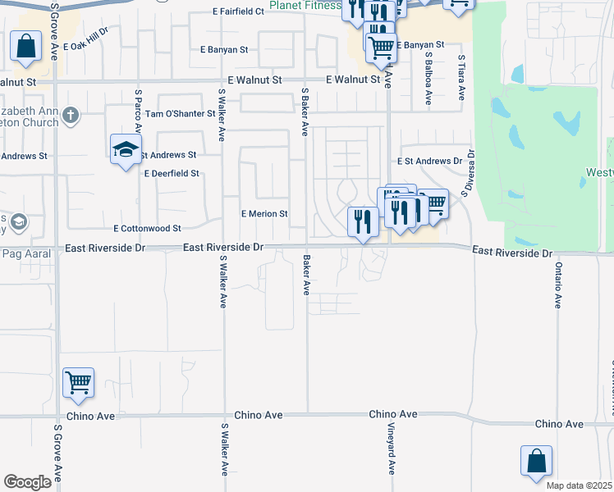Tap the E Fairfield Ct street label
(238, 12)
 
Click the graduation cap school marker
(126, 149)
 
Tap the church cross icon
(71, 115)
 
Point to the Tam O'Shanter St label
(180, 113)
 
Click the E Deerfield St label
(172, 174)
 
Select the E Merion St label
(263, 214)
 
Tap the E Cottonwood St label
(147, 229)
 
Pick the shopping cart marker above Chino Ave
(78, 382)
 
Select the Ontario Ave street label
(557, 285)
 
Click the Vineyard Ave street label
(392, 455)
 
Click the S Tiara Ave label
(462, 78)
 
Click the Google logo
(28, 482)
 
